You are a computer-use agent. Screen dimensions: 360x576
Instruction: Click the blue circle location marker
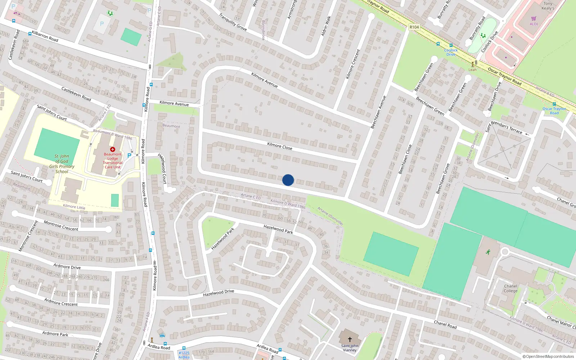[x=288, y=180]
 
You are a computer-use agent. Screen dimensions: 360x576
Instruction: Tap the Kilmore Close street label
[x=280, y=146]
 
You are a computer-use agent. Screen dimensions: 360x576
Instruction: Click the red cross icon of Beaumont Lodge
[x=113, y=149]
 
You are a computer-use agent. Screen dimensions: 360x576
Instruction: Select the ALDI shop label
[x=534, y=24]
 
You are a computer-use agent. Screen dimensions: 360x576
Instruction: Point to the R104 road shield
[x=414, y=27]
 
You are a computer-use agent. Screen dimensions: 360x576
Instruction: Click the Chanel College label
[x=510, y=288]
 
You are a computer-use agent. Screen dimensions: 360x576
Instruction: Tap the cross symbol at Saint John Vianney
[x=350, y=339]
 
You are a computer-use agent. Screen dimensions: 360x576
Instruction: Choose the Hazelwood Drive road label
[x=219, y=293]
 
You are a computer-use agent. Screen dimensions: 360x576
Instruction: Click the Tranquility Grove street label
[x=233, y=22]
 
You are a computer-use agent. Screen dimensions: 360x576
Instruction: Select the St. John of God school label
[x=62, y=164]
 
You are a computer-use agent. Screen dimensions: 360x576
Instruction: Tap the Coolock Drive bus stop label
[x=451, y=52]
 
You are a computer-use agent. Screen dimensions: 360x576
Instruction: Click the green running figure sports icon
[x=488, y=252]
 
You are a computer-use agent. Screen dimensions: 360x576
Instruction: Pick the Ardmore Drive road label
[x=67, y=267]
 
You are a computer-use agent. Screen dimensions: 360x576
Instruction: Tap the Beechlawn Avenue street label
[x=378, y=112]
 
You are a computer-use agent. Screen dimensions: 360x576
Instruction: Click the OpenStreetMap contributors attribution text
[x=548, y=356]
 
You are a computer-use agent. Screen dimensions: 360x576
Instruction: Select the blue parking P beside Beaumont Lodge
[x=129, y=156]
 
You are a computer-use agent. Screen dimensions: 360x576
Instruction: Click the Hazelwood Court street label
[x=162, y=168]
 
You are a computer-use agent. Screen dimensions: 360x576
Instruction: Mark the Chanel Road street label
[x=445, y=325]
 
